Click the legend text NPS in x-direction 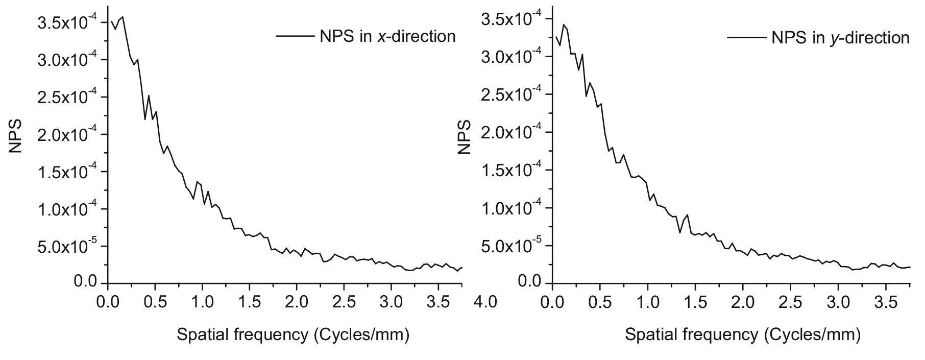click(387, 36)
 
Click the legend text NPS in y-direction click(840, 38)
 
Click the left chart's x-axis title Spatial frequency click(293, 335)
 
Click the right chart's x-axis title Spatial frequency click(742, 335)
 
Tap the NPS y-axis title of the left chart click(16, 137)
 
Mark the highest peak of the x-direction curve click(123, 17)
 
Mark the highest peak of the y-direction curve click(564, 25)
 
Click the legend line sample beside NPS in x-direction click(295, 36)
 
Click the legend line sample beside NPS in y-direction click(746, 38)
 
